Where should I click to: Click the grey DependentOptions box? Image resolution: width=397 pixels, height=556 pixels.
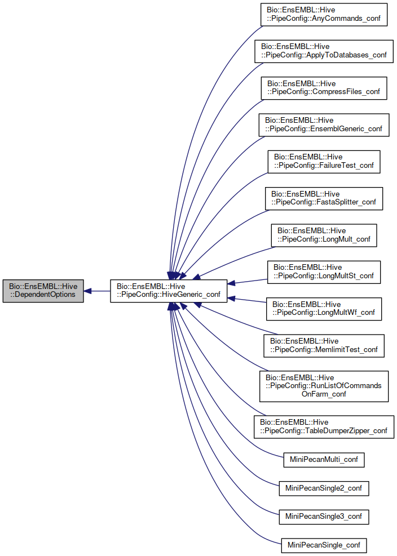pos(43,291)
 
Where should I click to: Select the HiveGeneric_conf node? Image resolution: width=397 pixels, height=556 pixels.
pos(169,291)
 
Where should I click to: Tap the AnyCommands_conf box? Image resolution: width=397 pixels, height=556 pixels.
pos(324,15)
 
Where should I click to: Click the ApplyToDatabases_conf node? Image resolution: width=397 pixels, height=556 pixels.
pos(323,51)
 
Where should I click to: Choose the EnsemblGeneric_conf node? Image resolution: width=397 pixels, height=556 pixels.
pos(324,124)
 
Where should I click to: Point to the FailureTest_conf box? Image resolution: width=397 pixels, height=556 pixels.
pos(324,162)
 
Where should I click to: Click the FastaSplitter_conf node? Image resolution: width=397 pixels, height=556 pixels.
pos(324,198)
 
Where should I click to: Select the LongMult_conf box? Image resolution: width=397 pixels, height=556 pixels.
pos(324,235)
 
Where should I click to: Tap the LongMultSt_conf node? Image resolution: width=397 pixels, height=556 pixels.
pos(324,272)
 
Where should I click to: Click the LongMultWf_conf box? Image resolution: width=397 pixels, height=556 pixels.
pos(324,308)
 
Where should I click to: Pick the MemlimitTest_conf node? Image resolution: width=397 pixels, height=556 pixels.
pos(324,345)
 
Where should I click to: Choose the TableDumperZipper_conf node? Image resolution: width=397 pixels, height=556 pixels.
pos(323,426)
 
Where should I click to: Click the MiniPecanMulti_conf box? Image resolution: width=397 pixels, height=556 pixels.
pos(323,460)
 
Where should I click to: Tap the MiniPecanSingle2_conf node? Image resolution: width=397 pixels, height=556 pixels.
pos(324,488)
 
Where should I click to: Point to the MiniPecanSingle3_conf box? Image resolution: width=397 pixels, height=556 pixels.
pos(324,517)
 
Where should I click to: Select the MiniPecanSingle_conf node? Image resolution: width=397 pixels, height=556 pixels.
pos(324,545)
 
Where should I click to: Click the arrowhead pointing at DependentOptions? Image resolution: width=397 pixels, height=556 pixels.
pos(89,291)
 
